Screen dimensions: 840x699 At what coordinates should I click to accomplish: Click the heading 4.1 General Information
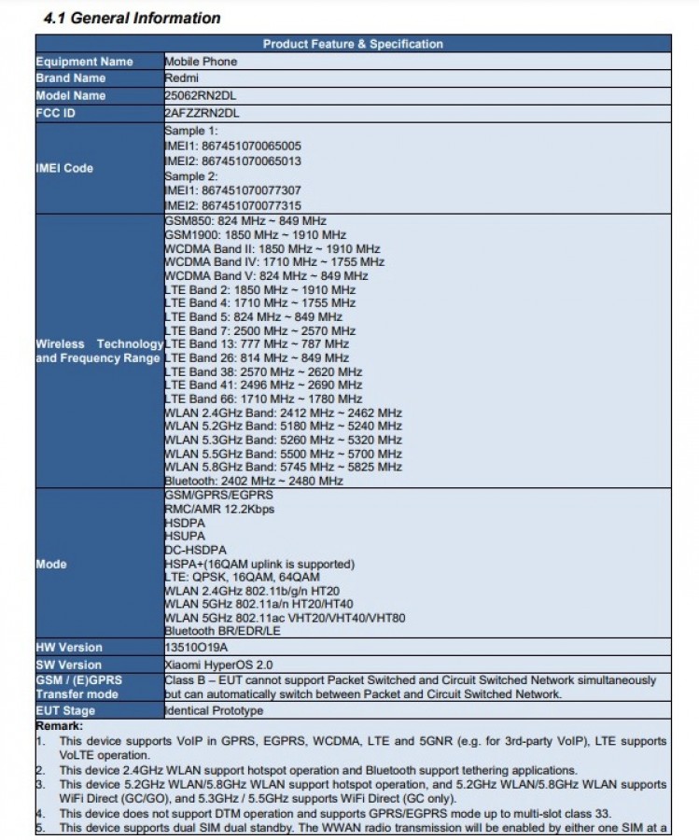pyautogui.click(x=133, y=18)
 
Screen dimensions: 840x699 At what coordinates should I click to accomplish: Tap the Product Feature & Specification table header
pyautogui.click(x=353, y=44)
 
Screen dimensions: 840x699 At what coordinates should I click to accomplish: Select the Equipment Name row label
pyautogui.click(x=84, y=62)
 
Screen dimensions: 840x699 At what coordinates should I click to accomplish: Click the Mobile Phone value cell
pyautogui.click(x=201, y=62)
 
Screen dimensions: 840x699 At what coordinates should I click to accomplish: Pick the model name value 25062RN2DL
pyautogui.click(x=201, y=95)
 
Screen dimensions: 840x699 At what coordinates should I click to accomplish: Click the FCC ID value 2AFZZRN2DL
pyautogui.click(x=202, y=113)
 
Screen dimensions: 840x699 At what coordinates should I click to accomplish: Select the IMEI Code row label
pyautogui.click(x=64, y=168)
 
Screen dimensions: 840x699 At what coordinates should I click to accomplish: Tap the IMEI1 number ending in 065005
pyautogui.click(x=232, y=146)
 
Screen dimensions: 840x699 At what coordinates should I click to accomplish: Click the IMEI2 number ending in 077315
pyautogui.click(x=232, y=205)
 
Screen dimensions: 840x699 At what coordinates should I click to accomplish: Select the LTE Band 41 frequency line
pyautogui.click(x=263, y=385)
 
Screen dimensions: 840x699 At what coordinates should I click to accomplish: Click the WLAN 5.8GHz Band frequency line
pyautogui.click(x=283, y=467)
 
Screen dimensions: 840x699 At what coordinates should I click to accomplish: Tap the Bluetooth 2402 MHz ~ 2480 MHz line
pyautogui.click(x=254, y=481)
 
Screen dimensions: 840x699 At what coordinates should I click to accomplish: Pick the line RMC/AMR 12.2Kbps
pyautogui.click(x=219, y=509)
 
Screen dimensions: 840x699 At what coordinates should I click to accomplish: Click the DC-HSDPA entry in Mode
pyautogui.click(x=195, y=550)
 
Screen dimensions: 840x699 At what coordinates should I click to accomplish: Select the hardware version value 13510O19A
pyautogui.click(x=197, y=647)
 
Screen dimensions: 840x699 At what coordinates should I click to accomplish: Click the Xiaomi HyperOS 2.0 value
pyautogui.click(x=217, y=665)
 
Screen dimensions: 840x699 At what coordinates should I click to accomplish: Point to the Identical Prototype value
pyautogui.click(x=214, y=710)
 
